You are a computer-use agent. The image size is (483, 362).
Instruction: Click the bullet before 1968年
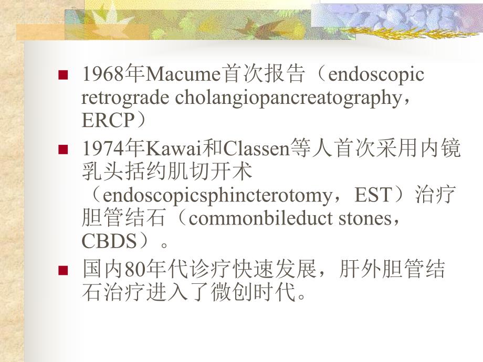[x=64, y=75]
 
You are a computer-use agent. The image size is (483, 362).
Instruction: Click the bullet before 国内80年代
[x=64, y=271]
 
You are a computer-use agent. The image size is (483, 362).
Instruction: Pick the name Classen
[x=257, y=150]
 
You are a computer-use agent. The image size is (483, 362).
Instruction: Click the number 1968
[x=101, y=75]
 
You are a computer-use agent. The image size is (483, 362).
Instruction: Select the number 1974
[x=101, y=150]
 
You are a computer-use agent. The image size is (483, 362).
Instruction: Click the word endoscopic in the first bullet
[x=375, y=75]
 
